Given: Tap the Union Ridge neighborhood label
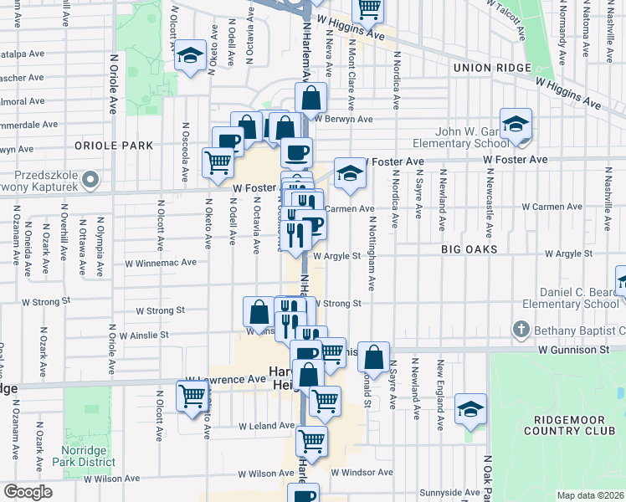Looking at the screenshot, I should click(491, 68).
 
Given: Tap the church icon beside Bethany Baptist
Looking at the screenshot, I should click(521, 328).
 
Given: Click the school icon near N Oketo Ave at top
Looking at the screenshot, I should click(191, 57).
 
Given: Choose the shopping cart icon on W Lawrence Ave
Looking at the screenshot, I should click(192, 395).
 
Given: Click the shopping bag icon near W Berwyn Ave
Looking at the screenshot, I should click(310, 98).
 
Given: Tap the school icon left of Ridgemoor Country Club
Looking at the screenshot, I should click(471, 409).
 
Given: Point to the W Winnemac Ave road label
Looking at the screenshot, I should click(161, 262).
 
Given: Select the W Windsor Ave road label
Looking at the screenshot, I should click(362, 472).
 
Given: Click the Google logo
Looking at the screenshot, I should click(28, 492).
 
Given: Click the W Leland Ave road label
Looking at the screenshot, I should click(265, 426).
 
